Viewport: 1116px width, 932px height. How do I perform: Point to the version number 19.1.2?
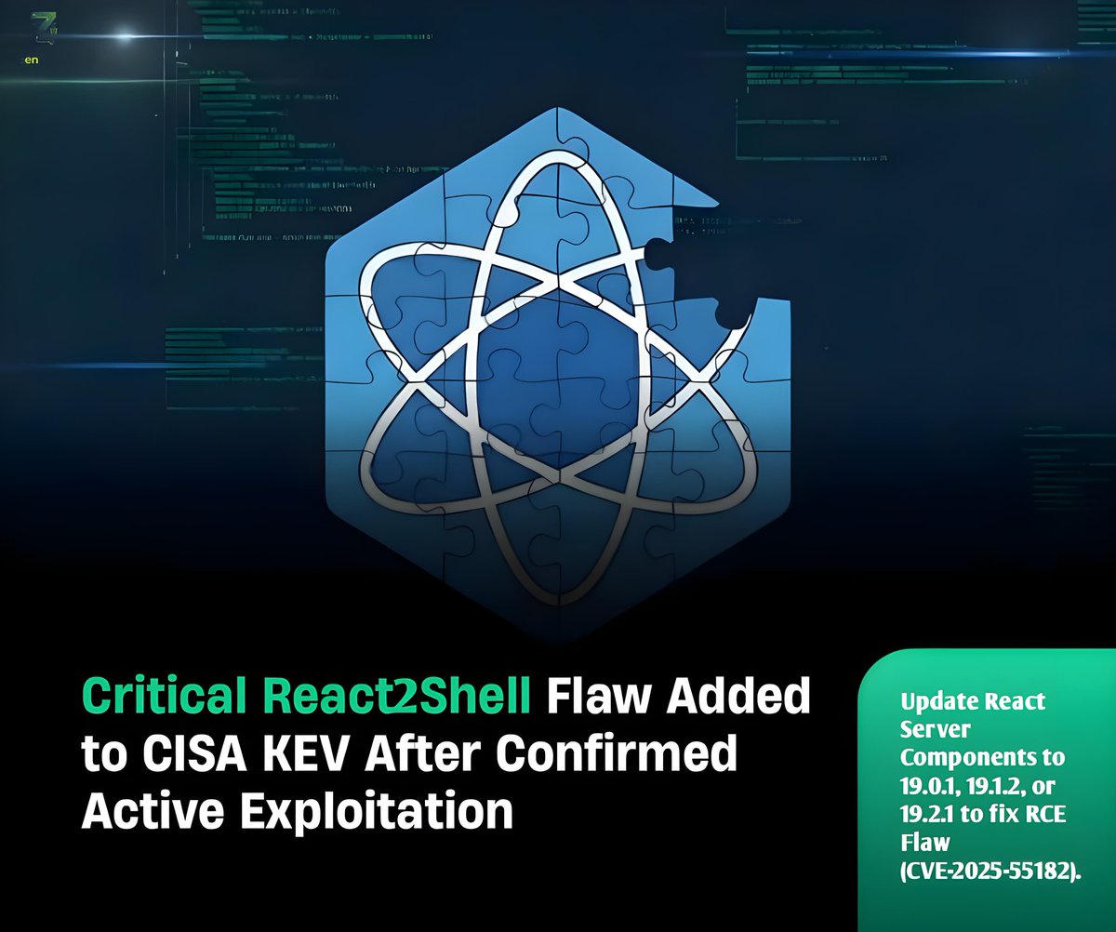point(998,784)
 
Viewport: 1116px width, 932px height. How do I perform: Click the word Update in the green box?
point(935,700)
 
